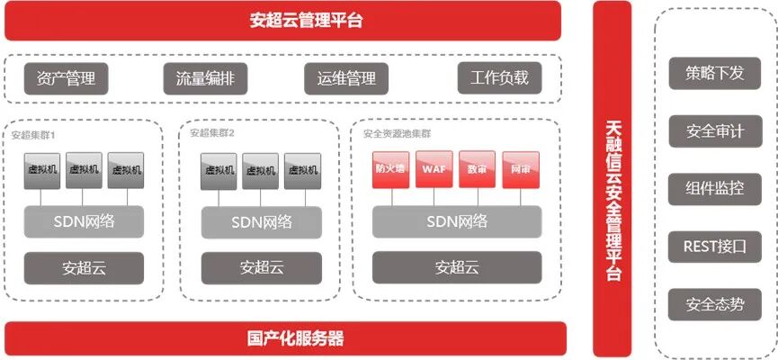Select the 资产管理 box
click(66, 78)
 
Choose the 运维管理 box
click(345, 78)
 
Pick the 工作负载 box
click(499, 78)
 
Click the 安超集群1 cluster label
click(34, 135)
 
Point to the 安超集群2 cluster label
click(212, 133)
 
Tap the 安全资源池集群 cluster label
click(397, 133)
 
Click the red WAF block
click(434, 170)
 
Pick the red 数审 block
click(477, 170)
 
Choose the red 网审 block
click(520, 170)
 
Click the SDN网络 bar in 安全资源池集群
click(457, 221)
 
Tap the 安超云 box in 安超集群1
click(83, 267)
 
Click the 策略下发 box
click(714, 74)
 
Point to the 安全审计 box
click(714, 131)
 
